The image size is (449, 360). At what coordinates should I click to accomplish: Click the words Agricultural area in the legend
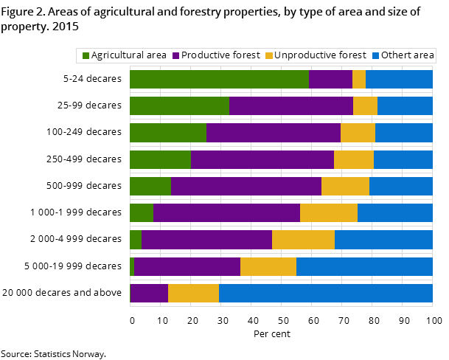click(x=129, y=55)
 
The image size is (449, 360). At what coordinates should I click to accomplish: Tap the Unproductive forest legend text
click(x=320, y=55)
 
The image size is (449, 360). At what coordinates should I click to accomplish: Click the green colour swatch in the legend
click(x=86, y=56)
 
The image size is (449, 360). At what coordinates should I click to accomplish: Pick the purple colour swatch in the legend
click(x=176, y=56)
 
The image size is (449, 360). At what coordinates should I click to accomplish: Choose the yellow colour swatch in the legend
click(x=269, y=56)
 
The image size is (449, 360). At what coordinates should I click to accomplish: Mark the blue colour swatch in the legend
click(x=375, y=56)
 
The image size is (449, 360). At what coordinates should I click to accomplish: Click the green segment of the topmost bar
click(x=219, y=80)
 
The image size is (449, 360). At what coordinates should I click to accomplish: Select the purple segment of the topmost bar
click(x=330, y=80)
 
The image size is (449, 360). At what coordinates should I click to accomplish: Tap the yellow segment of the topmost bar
click(x=359, y=80)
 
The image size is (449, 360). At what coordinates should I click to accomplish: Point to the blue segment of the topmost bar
click(x=399, y=80)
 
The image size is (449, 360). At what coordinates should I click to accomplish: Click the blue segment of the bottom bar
click(x=325, y=293)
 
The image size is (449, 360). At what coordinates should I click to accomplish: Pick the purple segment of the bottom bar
click(x=149, y=293)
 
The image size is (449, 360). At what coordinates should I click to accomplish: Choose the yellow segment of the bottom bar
click(x=193, y=293)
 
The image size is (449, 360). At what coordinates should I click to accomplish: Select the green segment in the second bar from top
click(x=179, y=106)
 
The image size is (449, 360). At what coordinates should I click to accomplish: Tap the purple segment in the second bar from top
click(x=291, y=106)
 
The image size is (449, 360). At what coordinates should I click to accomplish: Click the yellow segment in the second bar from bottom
click(x=268, y=266)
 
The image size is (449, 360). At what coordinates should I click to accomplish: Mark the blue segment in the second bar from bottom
click(x=364, y=266)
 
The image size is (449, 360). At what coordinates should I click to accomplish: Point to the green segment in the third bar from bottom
click(x=136, y=240)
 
